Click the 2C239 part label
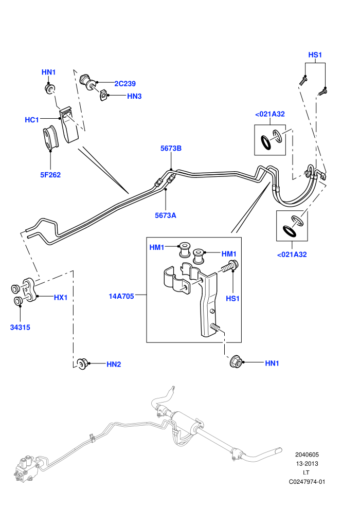point(125,84)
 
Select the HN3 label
point(134,96)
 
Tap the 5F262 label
point(50,175)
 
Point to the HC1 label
point(32,120)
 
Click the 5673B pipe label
point(171,149)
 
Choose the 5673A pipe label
point(166,215)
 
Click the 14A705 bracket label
point(121,296)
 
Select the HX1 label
point(61,297)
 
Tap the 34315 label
point(20,327)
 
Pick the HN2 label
point(114,364)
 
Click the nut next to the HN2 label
point(82,363)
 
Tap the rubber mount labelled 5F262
point(50,138)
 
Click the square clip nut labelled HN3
point(103,95)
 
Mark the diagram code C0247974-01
point(307,482)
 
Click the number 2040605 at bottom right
point(307,455)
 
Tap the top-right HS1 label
point(315,55)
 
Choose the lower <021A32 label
point(292,254)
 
